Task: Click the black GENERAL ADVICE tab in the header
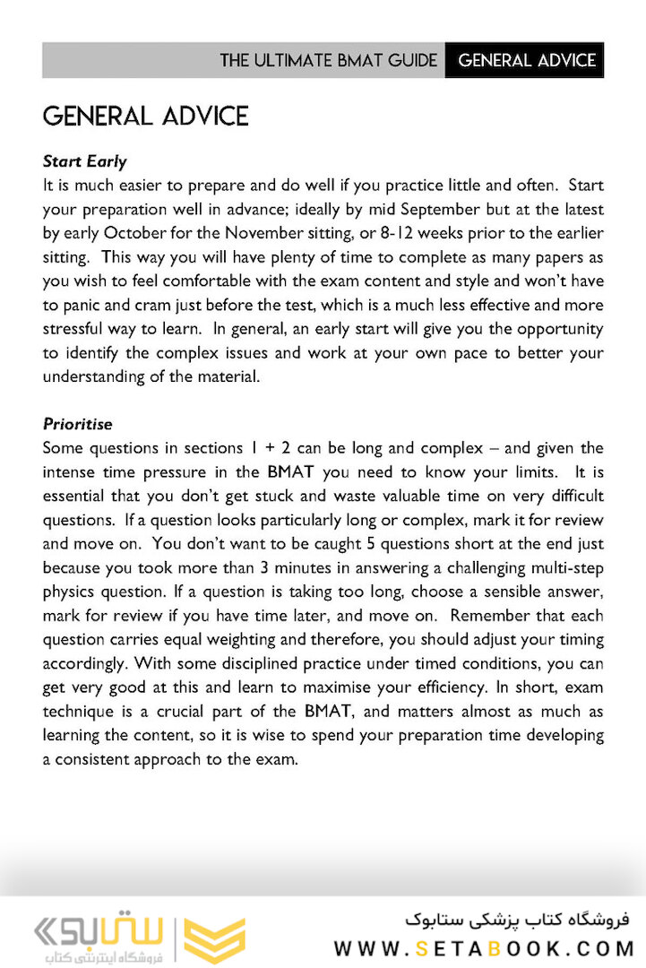pyautogui.click(x=526, y=61)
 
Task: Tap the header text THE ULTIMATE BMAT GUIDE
pyautogui.click(x=329, y=61)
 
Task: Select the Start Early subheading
pyautogui.click(x=84, y=161)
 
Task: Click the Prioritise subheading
pyautogui.click(x=77, y=424)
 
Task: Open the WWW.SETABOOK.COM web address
pyautogui.click(x=484, y=948)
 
